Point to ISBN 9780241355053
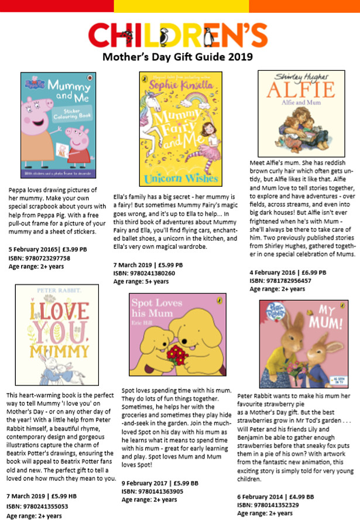point(39,506)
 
